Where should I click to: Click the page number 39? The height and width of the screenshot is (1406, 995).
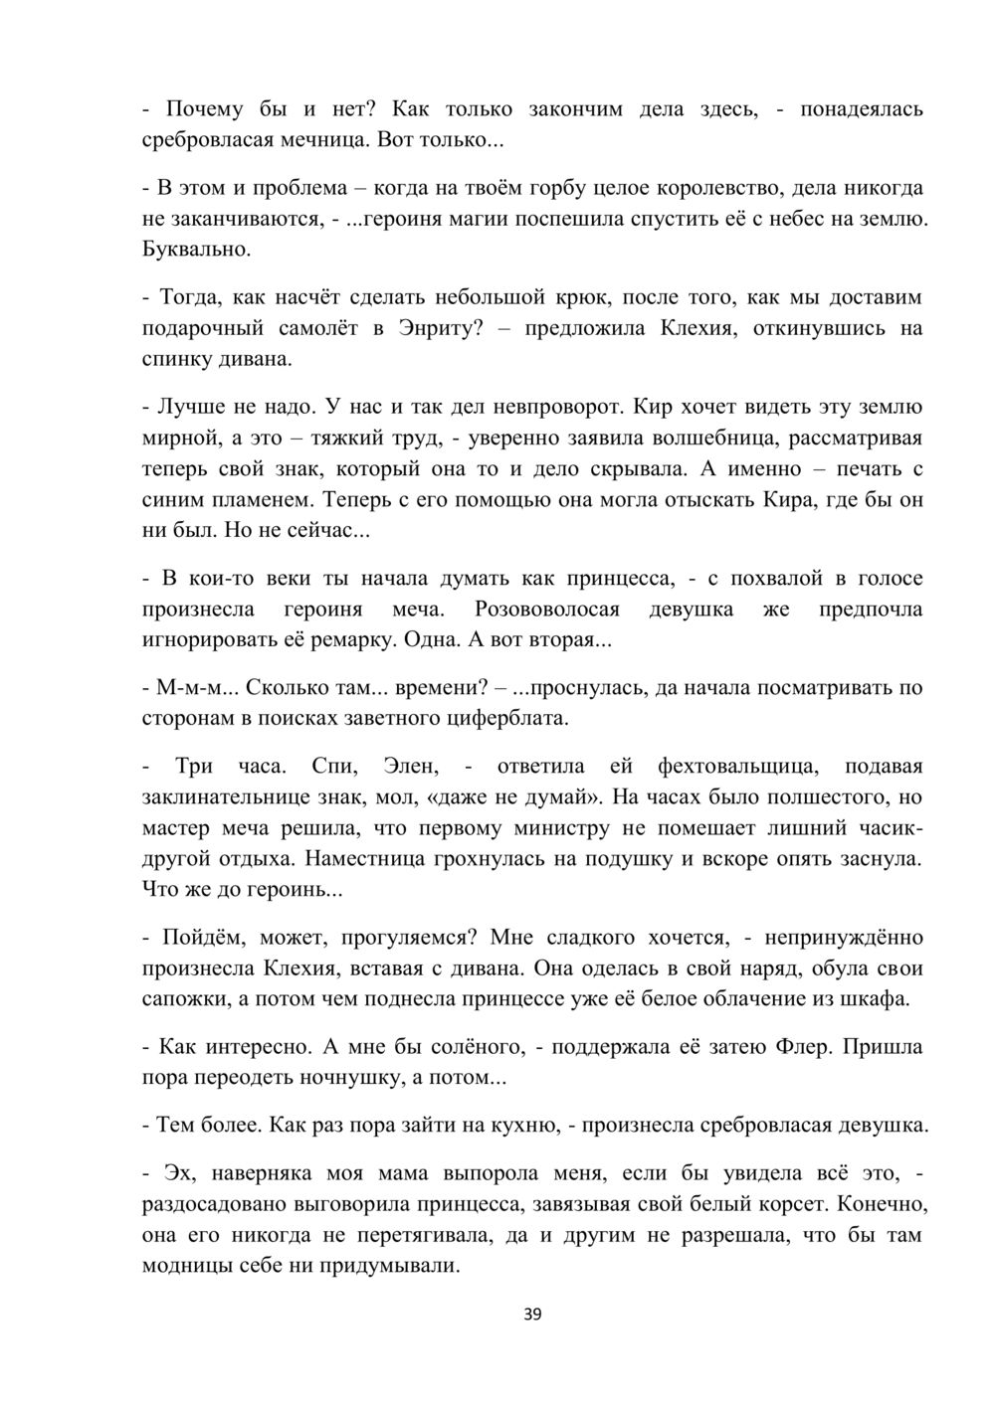(532, 1315)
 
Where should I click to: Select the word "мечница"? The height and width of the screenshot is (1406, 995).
(328, 139)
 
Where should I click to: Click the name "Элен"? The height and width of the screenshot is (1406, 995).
(410, 766)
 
